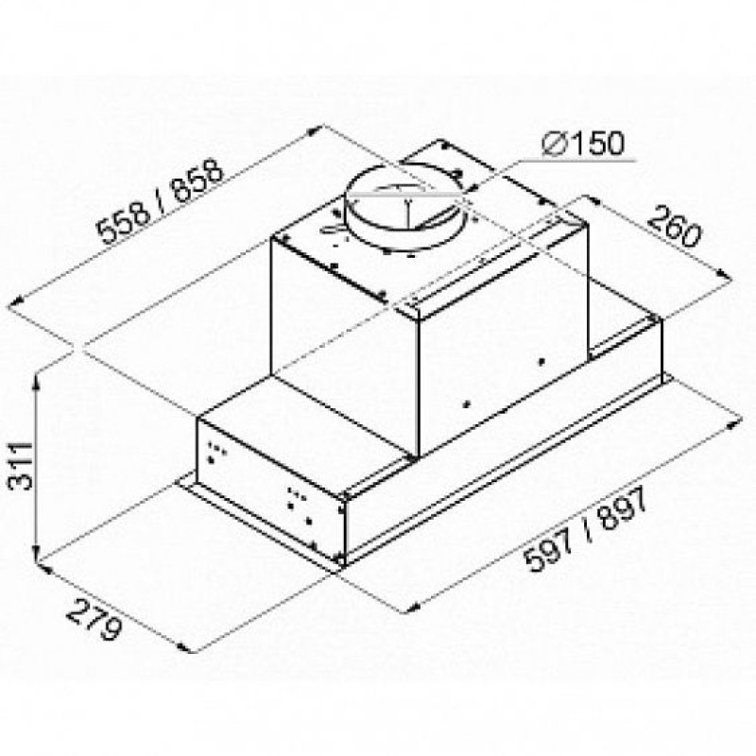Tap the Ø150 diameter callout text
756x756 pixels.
tap(583, 144)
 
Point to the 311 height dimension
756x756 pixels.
tap(22, 465)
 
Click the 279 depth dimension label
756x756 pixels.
tap(93, 619)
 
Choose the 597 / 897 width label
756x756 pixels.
tap(585, 529)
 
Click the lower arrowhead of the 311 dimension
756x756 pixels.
tap(37, 555)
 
